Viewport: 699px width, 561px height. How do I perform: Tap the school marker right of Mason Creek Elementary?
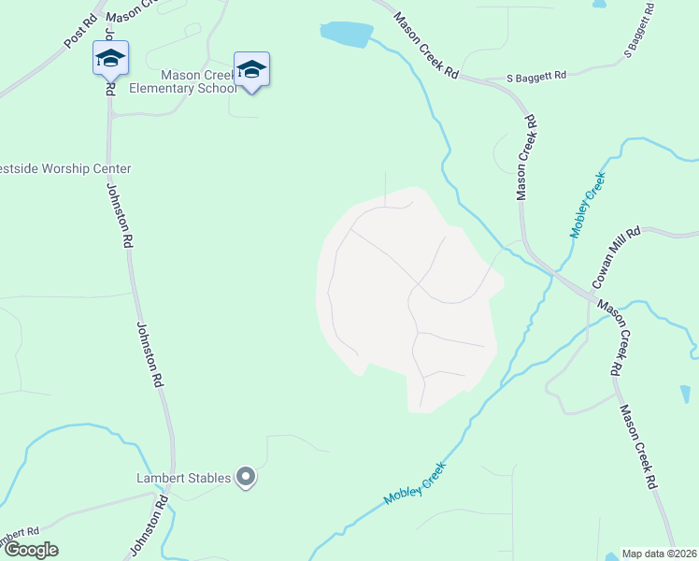click(x=251, y=70)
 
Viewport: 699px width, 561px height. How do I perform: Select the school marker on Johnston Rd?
click(x=110, y=60)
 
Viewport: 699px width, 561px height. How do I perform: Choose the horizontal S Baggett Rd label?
click(x=537, y=79)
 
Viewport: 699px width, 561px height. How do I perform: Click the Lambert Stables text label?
click(x=183, y=479)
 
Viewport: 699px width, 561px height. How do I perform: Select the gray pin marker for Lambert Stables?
click(x=246, y=478)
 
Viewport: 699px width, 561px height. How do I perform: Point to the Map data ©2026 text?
click(x=659, y=554)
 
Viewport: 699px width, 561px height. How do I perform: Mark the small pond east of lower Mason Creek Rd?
click(x=685, y=394)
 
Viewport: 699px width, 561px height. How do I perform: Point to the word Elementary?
click(x=195, y=91)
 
